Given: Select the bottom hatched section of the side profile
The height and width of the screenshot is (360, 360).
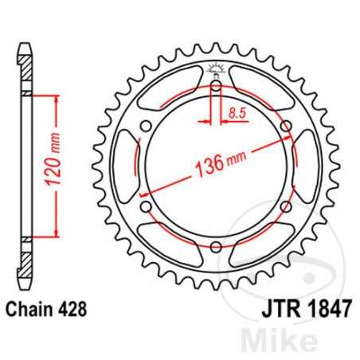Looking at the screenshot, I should click(25, 256).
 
